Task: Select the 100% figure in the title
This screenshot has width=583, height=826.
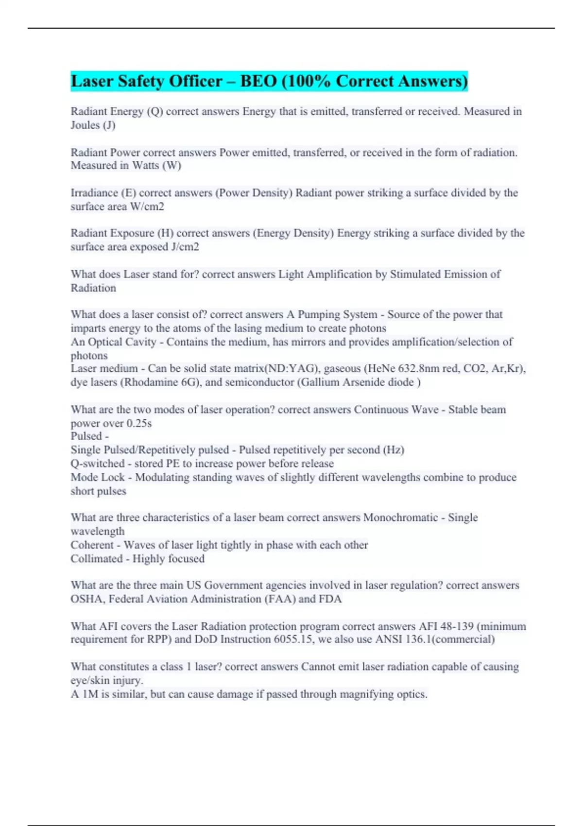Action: (x=307, y=81)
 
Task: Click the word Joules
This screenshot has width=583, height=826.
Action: (x=85, y=125)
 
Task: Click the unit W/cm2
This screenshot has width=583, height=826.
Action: (x=147, y=206)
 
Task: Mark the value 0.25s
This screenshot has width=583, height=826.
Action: (x=139, y=423)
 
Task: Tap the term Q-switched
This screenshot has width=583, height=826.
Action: (x=97, y=464)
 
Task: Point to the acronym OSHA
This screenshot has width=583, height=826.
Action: (x=86, y=599)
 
